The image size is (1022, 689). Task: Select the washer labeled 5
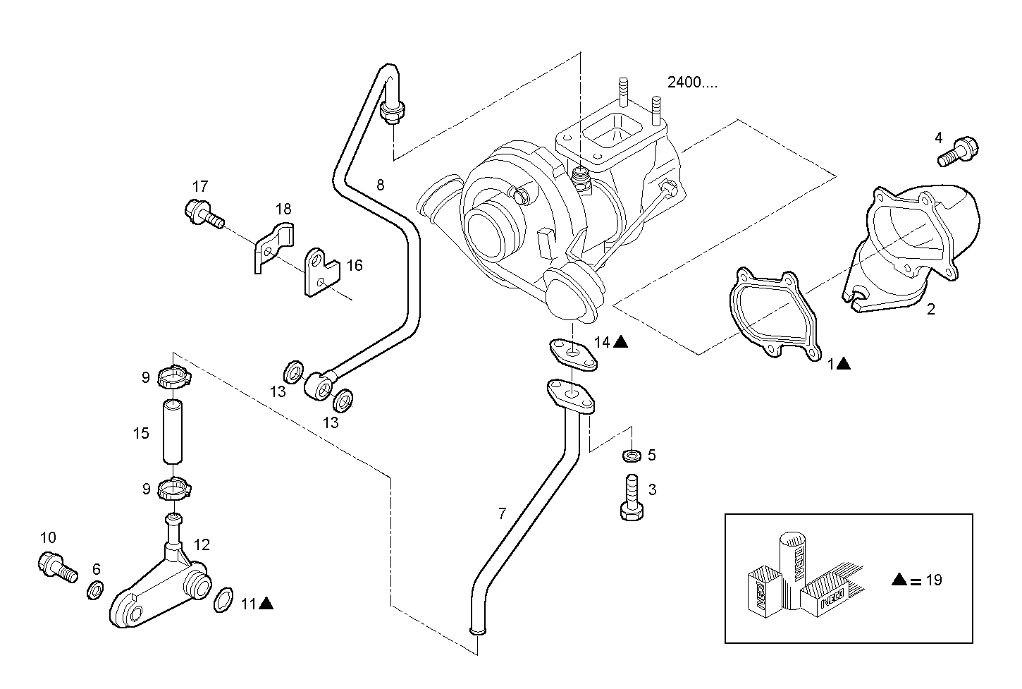click(x=632, y=456)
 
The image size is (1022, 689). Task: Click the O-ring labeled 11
click(x=222, y=599)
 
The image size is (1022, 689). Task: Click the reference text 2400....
click(x=692, y=83)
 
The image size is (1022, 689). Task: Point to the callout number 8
click(x=381, y=185)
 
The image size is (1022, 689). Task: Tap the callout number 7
click(x=502, y=514)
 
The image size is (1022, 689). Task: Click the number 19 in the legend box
click(x=934, y=580)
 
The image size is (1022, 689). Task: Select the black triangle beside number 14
click(x=620, y=342)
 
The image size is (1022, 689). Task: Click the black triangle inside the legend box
click(x=899, y=580)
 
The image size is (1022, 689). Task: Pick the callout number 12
click(x=202, y=545)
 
